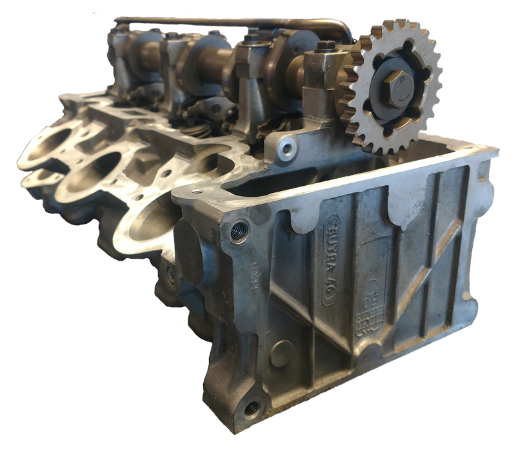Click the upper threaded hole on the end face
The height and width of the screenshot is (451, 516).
click(x=239, y=230)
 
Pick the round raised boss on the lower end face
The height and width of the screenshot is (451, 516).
click(x=282, y=354)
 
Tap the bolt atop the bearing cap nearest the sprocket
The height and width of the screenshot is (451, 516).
click(x=326, y=46)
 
